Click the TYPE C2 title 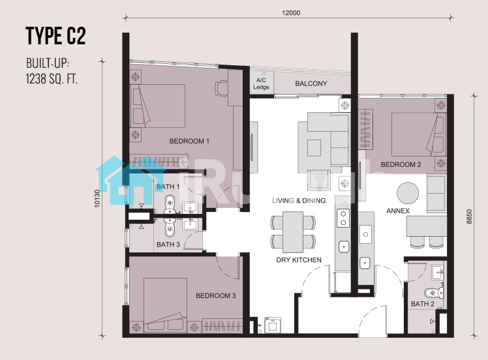coord(55,36)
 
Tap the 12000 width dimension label coord(291,13)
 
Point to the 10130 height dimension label coord(97,198)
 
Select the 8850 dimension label coord(469,217)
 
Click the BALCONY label coord(311,83)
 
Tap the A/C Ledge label coord(261,83)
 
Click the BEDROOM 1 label coord(189,141)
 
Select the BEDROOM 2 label coord(401,164)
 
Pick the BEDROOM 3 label coord(216,295)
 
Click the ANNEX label coord(398,211)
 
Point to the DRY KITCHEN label coord(299,260)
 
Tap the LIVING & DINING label coord(299,201)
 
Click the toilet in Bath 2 coord(434,293)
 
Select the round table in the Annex coord(408,193)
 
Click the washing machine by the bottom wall coord(273,325)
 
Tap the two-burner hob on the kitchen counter coord(343,218)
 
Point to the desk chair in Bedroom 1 coord(221,88)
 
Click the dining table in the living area coord(293,232)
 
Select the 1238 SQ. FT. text coord(52,78)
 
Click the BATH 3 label coord(168,245)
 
